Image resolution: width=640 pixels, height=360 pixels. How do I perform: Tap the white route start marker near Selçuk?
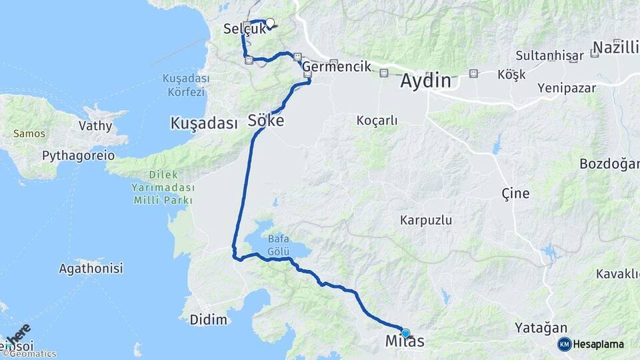coord(270,23)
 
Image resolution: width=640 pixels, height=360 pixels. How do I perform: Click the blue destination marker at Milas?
coord(405,333)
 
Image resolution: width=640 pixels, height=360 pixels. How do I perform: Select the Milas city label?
coord(405,342)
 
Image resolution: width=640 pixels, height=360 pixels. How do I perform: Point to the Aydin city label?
coord(425,81)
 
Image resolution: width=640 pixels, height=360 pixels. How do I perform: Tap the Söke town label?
coord(266,121)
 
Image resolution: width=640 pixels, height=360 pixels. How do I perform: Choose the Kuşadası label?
coord(204,123)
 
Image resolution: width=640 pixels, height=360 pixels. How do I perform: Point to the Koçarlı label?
coord(377,121)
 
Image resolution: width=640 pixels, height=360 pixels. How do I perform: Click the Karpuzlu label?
coord(426,219)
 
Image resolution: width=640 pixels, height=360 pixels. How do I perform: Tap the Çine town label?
coord(515,193)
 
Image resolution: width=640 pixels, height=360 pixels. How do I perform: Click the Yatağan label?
coord(541,327)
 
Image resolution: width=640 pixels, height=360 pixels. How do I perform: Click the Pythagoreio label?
coord(78,155)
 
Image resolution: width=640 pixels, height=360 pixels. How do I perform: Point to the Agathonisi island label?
coord(91,269)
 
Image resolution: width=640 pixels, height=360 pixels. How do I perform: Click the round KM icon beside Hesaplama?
coord(564,344)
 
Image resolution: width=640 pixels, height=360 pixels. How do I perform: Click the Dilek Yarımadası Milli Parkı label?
coord(163,187)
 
